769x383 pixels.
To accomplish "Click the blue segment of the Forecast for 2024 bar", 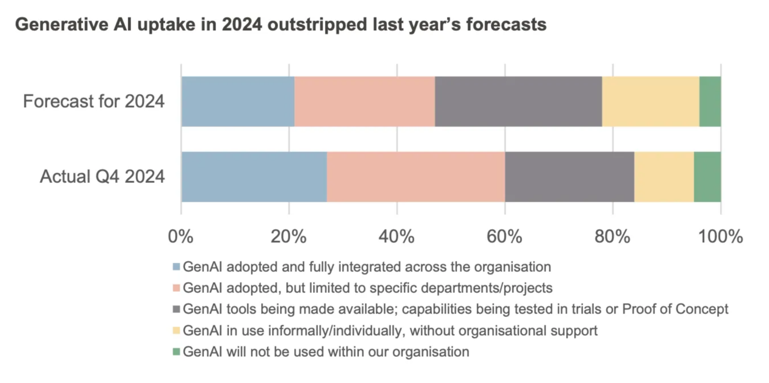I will coord(238,101).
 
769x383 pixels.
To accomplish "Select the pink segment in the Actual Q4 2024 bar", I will coord(416,177).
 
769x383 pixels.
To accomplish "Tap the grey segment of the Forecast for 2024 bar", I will coord(518,101).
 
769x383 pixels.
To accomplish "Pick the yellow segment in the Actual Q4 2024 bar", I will coord(664,177).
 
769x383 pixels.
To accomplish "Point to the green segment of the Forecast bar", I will coord(710,101).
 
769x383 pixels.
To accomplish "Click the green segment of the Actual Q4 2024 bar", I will coord(707,177).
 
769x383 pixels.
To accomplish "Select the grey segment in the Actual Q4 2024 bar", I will coord(569,177).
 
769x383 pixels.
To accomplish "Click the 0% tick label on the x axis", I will coord(181,237).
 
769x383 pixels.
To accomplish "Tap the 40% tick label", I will coord(397,237).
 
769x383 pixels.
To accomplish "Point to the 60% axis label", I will coord(504,237).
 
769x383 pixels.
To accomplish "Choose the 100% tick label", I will coord(721,237).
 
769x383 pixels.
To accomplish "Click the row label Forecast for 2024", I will coord(93,102).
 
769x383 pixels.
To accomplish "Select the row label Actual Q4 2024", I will coord(102,177).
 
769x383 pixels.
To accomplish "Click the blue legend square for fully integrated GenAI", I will coord(176,267).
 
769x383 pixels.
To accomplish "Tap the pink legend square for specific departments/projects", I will coord(176,288).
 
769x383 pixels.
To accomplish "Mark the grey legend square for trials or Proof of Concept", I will coord(176,309).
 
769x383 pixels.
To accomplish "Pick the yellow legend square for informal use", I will coord(176,331).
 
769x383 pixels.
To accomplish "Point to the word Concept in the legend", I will coord(704,309).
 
